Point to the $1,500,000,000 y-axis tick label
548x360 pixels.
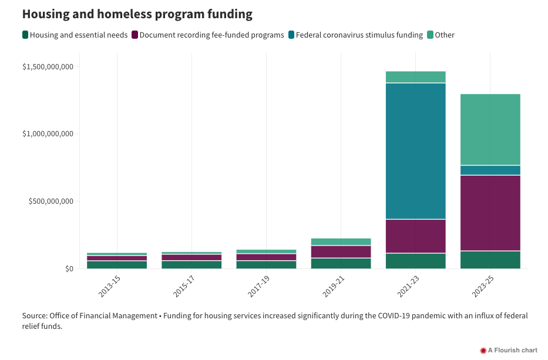pyautogui.click(x=48, y=66)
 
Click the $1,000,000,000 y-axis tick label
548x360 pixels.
pyautogui.click(x=48, y=134)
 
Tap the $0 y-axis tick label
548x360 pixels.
pyautogui.click(x=69, y=269)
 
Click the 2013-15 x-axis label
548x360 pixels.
pyautogui.click(x=109, y=285)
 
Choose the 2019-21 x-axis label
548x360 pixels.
pyautogui.click(x=333, y=285)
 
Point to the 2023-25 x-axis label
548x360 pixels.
pyautogui.click(x=482, y=285)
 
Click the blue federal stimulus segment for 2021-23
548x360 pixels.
pyautogui.click(x=415, y=151)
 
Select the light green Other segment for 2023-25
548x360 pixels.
pyautogui.click(x=490, y=129)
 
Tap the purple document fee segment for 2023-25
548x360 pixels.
pyautogui.click(x=490, y=213)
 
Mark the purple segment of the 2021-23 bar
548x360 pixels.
pyautogui.click(x=415, y=236)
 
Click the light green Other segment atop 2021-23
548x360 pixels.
pyautogui.click(x=415, y=77)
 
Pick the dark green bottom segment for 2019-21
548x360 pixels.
pyautogui.click(x=341, y=263)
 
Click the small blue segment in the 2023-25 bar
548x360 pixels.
pyautogui.click(x=490, y=170)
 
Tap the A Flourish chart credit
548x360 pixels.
pyautogui.click(x=509, y=350)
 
